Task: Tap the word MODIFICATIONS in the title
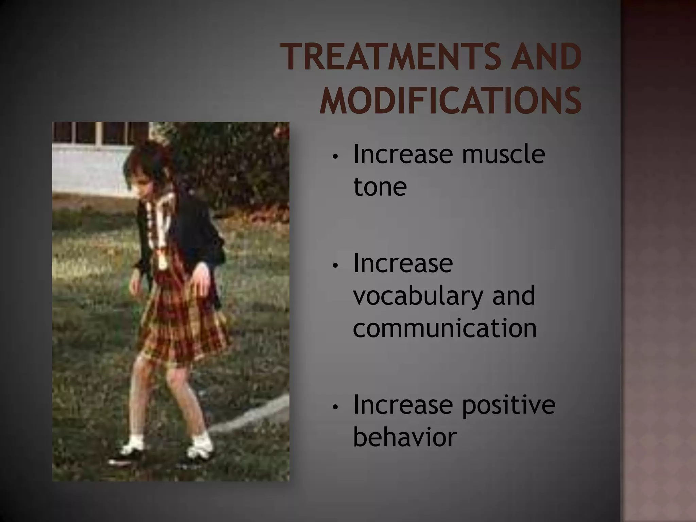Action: click(450, 101)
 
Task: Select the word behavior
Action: click(405, 437)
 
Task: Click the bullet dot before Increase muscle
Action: click(335, 157)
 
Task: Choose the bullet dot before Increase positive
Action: click(335, 407)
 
